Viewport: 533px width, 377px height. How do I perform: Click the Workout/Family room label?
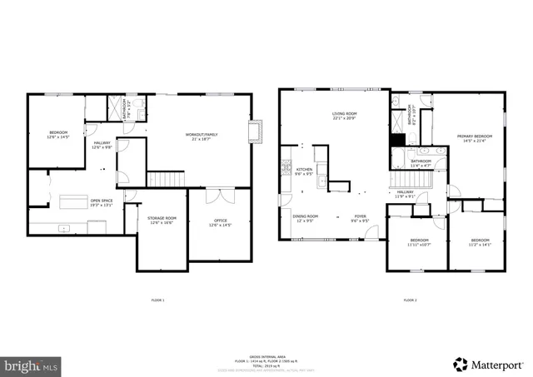pos(202,136)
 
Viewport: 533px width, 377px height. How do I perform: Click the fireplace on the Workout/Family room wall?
pos(255,131)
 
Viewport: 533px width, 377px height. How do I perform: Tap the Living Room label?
pos(344,117)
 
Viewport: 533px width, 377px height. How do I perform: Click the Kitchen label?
pos(304,171)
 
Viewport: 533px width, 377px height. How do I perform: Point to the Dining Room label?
pos(304,219)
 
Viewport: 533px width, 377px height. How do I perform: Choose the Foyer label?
pos(360,219)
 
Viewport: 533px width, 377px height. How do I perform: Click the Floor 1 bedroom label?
pos(58,134)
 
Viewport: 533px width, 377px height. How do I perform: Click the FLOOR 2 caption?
pos(410,300)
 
